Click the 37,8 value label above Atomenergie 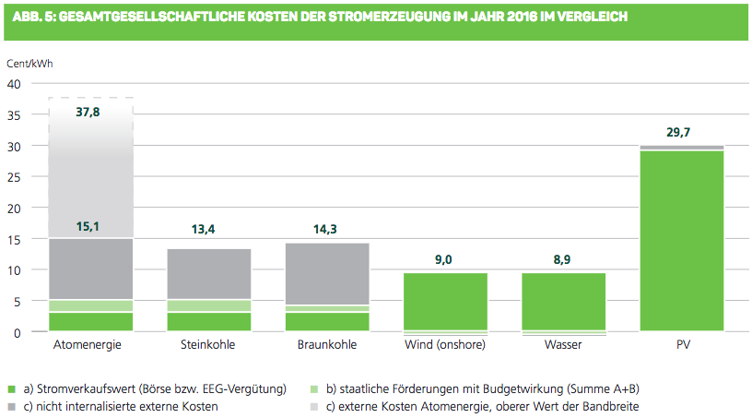[x=89, y=113]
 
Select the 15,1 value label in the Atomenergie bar [x=89, y=227]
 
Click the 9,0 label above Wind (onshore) [x=445, y=261]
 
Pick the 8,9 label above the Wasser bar [x=564, y=261]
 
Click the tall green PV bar [x=682, y=240]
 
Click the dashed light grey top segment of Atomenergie [x=89, y=171]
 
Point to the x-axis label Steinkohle [x=208, y=345]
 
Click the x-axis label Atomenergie [x=89, y=345]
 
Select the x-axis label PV [x=682, y=345]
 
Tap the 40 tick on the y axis [x=13, y=84]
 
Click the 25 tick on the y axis [x=13, y=177]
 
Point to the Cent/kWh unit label [x=24, y=64]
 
